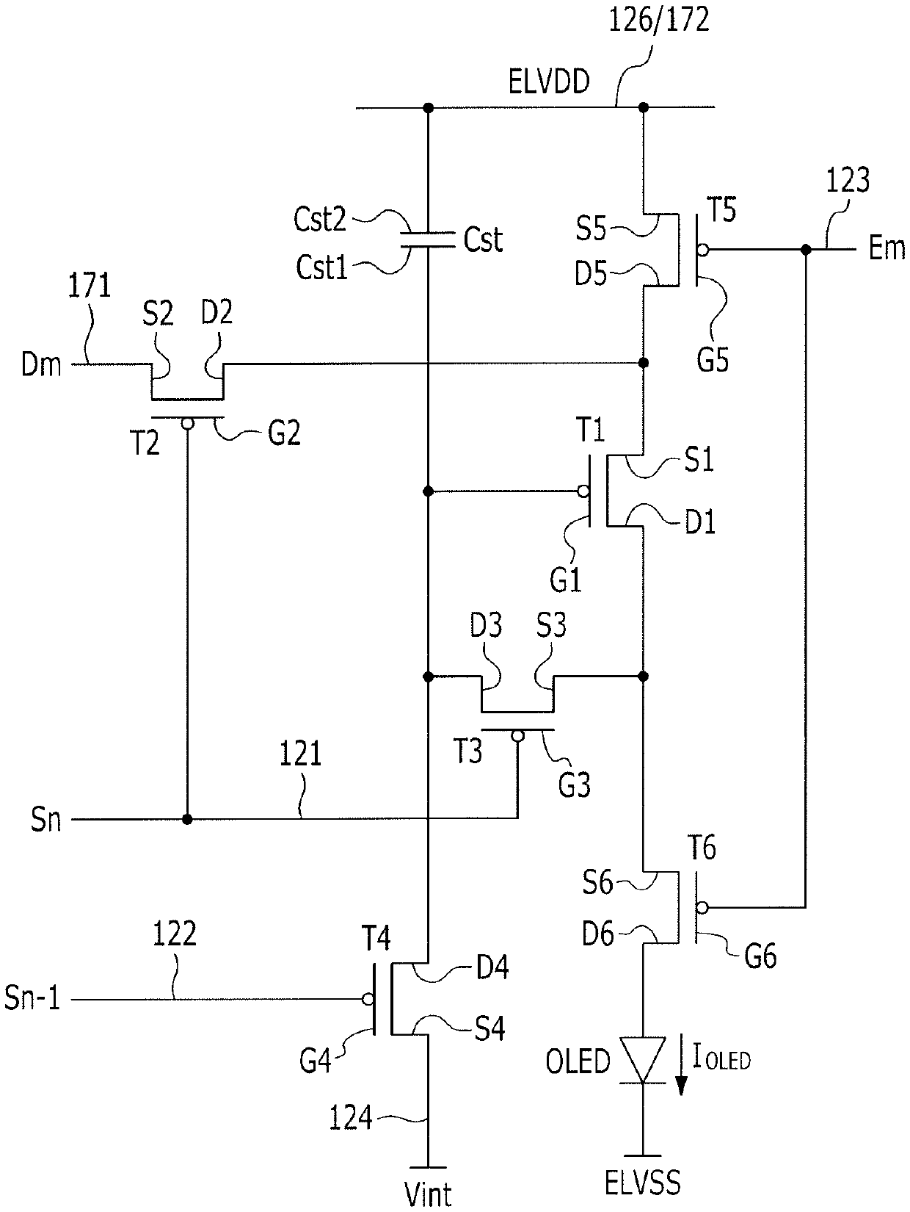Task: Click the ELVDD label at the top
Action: (x=549, y=82)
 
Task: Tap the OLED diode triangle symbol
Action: (x=643, y=1059)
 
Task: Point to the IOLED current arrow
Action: (x=682, y=1063)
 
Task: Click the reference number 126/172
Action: (x=658, y=21)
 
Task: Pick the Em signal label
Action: (x=887, y=248)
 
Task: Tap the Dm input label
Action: (x=41, y=365)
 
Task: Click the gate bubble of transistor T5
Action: (x=702, y=250)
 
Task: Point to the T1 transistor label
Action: (x=591, y=430)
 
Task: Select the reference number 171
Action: (x=90, y=286)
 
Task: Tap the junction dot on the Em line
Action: (x=806, y=250)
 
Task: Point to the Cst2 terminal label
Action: (x=320, y=219)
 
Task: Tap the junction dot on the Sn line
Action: (x=187, y=819)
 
